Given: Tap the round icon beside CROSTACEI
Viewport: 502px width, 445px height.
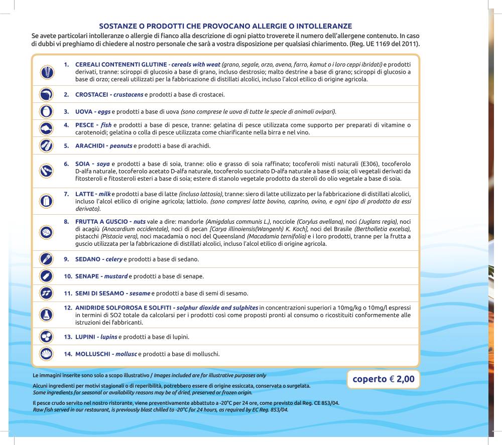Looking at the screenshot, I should tap(46, 94).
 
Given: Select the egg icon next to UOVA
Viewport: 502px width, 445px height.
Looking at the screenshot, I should tap(46, 111).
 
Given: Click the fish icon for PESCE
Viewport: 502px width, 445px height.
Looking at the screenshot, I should tap(46, 128).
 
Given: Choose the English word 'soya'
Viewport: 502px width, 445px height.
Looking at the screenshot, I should tap(103, 164).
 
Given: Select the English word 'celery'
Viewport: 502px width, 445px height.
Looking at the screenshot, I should tap(114, 259).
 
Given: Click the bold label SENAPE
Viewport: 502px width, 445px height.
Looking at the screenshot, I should tap(88, 276).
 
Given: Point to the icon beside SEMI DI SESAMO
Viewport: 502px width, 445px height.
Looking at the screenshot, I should tap(46, 293).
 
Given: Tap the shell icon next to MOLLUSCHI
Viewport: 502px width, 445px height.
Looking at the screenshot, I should tap(46, 353).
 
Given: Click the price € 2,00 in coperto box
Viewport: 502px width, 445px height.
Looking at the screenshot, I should tap(402, 379).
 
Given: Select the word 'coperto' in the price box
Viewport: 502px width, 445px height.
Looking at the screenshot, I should tap(369, 379).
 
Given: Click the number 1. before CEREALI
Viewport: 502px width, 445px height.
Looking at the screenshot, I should tap(66, 65).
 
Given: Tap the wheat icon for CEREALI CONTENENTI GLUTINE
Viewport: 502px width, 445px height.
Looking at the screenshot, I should tap(46, 72).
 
